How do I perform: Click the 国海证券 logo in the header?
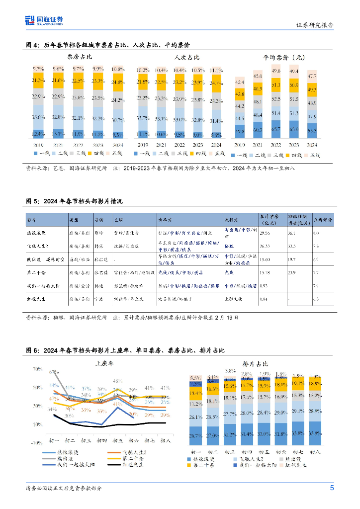tap(44, 20)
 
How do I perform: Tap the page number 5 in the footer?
tap(332, 488)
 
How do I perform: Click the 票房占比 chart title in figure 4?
tap(79, 58)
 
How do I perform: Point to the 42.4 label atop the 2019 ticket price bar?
tap(240, 82)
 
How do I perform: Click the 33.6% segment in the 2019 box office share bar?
tap(37, 117)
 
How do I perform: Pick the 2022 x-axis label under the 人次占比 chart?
tap(179, 145)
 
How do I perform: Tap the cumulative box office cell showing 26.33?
tap(266, 246)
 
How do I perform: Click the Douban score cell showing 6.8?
tap(316, 299)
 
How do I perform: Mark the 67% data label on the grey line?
tap(54, 372)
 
